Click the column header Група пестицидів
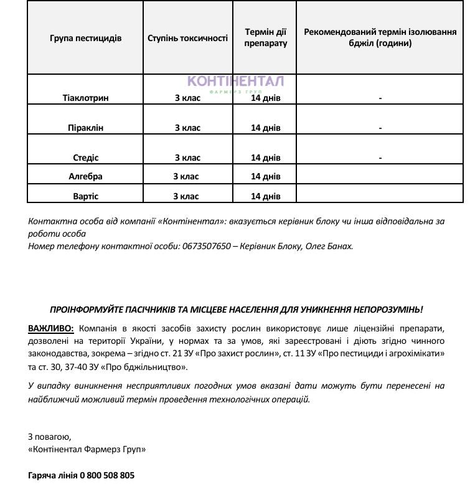[x=86, y=38]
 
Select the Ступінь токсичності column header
[x=187, y=38]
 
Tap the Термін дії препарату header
[x=266, y=38]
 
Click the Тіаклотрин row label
[x=86, y=98]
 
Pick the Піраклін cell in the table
[x=86, y=128]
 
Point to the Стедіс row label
[x=86, y=158]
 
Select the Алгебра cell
[x=86, y=176]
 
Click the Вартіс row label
[x=86, y=196]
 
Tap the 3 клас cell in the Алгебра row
[x=186, y=176]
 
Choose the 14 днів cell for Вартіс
[x=266, y=196]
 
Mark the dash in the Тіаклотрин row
[x=380, y=98]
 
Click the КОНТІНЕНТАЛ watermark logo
[x=236, y=82]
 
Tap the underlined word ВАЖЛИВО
[x=51, y=328]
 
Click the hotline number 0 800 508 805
[x=106, y=475]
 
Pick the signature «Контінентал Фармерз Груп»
[x=87, y=448]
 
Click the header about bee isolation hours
[x=380, y=38]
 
